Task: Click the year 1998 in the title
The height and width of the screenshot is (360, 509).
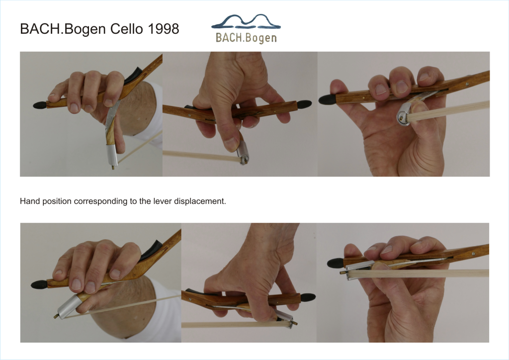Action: point(163,29)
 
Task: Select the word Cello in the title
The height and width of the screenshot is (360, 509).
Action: point(127,29)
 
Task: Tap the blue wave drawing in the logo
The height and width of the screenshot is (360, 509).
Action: point(246,21)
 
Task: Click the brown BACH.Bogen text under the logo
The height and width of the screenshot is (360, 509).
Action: point(246,38)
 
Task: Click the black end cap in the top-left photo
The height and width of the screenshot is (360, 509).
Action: point(40,105)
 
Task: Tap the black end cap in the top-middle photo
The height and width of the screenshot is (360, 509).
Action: point(304,104)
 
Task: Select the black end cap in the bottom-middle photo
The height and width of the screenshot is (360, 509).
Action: point(308,297)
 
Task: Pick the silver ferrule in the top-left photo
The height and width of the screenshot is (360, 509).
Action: point(112,155)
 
